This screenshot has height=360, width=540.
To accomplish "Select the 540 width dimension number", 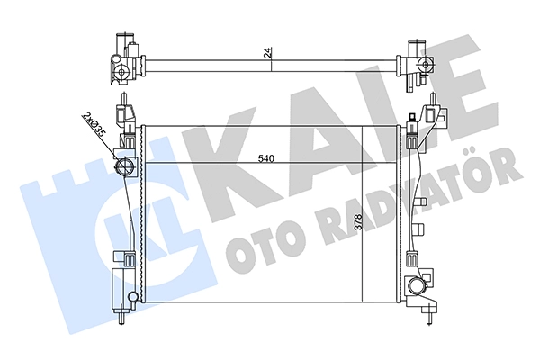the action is point(265,158).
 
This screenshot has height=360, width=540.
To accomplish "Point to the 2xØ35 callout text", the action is point(93,125).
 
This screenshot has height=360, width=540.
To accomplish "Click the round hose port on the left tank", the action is point(124,166).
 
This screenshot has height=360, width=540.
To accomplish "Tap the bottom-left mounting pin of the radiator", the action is point(121,318).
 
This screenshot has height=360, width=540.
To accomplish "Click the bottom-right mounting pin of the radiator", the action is point(428,317).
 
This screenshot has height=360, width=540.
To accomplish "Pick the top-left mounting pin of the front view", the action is point(123,100).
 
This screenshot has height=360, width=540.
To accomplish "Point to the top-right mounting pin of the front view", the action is point(432,100).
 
